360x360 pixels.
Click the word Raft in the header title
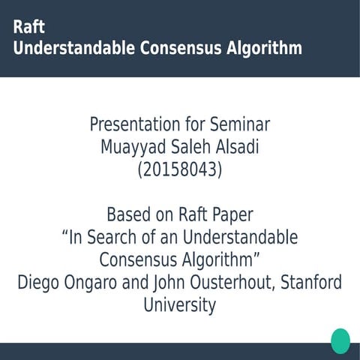coord(29,27)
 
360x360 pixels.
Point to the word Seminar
coord(238,124)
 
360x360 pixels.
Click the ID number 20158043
coord(180,170)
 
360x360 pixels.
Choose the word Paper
coord(232,215)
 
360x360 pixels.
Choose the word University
coord(180,306)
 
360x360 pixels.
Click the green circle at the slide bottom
coord(340,340)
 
